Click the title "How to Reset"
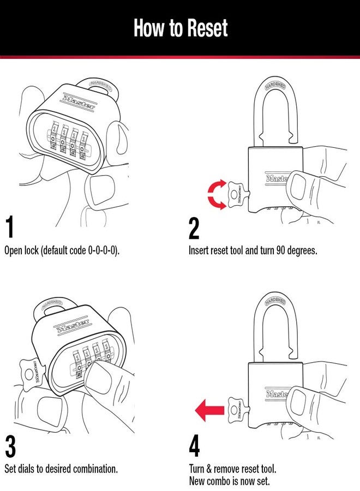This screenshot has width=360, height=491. tap(180, 28)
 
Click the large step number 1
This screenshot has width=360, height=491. tap(10, 229)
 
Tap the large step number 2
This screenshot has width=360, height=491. tap(194, 229)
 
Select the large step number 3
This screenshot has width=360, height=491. tap(10, 446)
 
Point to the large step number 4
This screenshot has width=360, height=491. tap(194, 446)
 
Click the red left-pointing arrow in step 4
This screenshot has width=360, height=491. tap(208, 410)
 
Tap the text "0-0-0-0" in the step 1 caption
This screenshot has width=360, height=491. tap(102, 251)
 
